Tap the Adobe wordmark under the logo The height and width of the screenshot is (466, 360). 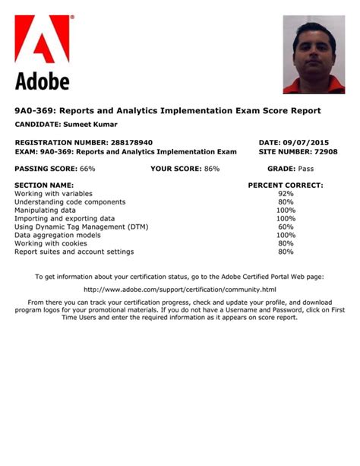[42, 81]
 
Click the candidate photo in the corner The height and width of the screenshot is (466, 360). [314, 55]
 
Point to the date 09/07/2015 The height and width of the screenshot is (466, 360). [309, 142]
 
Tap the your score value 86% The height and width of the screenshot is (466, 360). [211, 168]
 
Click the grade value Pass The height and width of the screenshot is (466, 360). [306, 168]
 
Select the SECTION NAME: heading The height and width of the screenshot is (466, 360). [44, 185]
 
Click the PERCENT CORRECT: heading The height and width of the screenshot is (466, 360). [286, 185]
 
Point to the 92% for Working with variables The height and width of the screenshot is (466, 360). [286, 194]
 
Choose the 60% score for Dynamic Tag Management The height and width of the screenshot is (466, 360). [286, 227]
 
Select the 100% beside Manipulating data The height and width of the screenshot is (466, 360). [286, 210]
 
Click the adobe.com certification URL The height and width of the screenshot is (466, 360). [179, 290]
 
